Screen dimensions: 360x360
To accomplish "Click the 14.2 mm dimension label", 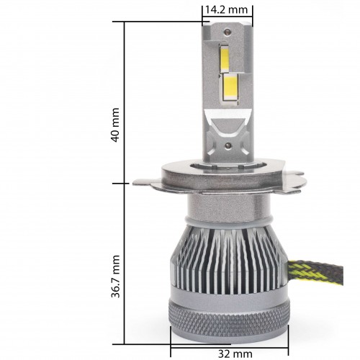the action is point(226,10).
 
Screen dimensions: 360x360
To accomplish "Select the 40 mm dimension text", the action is point(115,125).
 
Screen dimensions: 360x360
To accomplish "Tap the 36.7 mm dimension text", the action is point(115,276).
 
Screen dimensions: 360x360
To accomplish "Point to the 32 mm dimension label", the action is point(235,354).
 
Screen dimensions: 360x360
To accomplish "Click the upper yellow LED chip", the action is point(225,58).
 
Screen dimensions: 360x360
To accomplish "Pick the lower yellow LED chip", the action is point(231,89).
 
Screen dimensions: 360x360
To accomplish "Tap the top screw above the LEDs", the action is point(227,31).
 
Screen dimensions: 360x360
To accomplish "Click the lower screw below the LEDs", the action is point(228,145).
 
